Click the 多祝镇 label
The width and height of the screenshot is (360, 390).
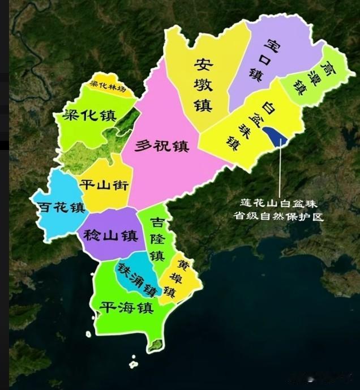pos(162,146)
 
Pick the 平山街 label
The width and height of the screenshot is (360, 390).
pos(105,185)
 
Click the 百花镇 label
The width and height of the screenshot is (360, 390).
pos(61,207)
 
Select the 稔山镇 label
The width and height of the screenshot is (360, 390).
pos(111,235)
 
